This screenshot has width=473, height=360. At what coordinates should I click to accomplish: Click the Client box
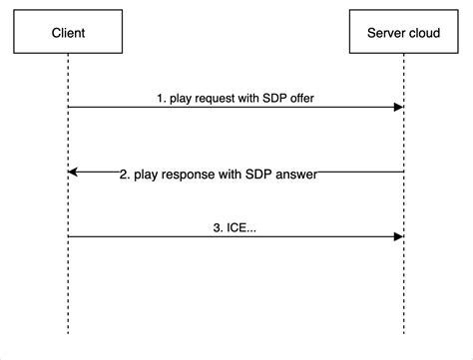68,33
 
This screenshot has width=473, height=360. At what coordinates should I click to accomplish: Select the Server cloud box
403,33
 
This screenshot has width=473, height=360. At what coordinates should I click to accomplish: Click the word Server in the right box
385,33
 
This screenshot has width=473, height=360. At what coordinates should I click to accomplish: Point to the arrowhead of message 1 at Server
398,106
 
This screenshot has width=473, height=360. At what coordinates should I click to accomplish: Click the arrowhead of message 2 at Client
73,172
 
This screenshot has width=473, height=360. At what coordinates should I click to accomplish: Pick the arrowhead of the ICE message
398,236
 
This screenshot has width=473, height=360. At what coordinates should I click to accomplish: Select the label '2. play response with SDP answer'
219,174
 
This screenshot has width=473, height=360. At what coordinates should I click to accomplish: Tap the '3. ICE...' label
235,228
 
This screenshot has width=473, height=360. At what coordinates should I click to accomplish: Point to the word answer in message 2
296,174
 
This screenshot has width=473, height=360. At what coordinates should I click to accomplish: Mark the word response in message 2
192,174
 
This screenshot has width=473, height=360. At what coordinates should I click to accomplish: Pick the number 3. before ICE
218,228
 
